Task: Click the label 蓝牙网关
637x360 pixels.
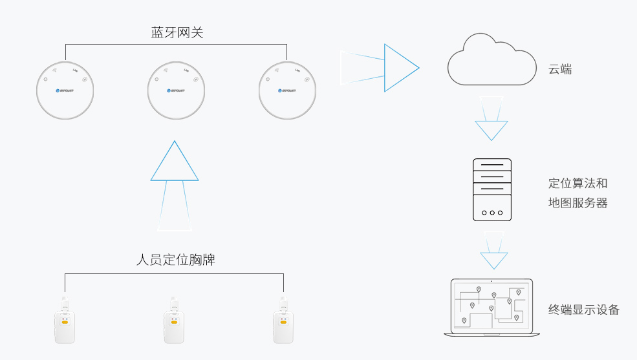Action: click(x=177, y=32)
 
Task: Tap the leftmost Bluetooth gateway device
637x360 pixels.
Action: click(x=65, y=90)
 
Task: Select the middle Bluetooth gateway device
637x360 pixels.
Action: click(x=176, y=90)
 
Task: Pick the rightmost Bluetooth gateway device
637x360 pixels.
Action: click(x=287, y=90)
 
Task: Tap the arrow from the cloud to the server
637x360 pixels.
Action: click(x=491, y=123)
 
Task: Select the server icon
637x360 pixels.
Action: click(x=492, y=189)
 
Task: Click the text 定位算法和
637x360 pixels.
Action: click(x=578, y=183)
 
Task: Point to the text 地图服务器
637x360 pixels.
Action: click(x=578, y=203)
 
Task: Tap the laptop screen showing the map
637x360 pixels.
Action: click(x=491, y=306)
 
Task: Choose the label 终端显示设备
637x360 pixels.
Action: click(x=584, y=310)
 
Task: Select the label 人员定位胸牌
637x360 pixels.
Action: click(x=176, y=260)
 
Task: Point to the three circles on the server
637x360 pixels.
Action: click(x=492, y=212)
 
